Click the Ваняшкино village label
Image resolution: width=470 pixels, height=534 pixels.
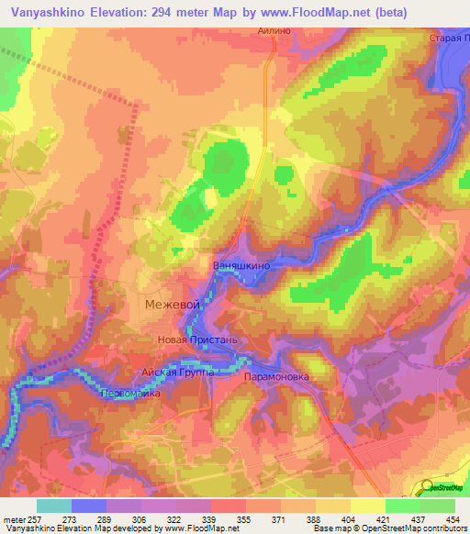[x=242, y=264]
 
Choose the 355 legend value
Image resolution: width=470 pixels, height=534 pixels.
[x=244, y=519]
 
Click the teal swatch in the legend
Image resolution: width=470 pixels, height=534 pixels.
[x=53, y=506]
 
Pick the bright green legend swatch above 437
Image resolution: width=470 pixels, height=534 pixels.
[x=402, y=506]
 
